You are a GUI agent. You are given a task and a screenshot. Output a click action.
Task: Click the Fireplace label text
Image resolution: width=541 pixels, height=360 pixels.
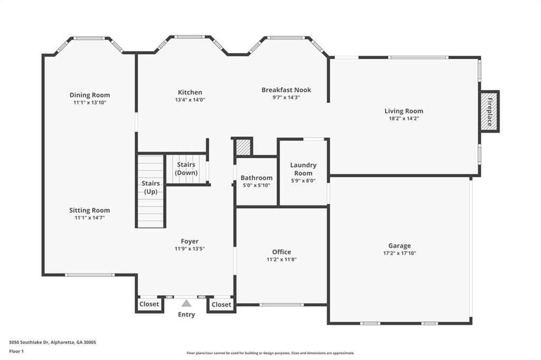[490, 112]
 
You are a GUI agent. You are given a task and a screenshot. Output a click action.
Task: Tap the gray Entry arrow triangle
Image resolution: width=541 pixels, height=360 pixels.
[186, 303]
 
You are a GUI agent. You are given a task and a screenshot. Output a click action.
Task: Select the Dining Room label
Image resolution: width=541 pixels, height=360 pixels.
[90, 95]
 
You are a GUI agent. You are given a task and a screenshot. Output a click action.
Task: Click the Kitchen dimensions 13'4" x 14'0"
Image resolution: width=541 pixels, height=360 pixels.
[190, 100]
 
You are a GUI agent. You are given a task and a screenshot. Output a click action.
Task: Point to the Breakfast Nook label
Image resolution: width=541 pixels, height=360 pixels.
[286, 90]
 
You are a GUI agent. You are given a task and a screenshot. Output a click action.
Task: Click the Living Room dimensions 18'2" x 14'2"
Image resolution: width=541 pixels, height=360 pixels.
[404, 119]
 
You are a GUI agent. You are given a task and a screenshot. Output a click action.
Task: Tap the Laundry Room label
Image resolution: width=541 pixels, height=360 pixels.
[303, 169]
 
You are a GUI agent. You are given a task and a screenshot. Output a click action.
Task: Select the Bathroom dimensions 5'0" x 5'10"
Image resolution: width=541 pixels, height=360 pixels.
[256, 185]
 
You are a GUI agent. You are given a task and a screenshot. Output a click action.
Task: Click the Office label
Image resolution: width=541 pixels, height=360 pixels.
[282, 252]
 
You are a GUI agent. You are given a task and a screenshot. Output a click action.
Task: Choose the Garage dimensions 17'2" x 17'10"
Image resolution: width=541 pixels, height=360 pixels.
[399, 253]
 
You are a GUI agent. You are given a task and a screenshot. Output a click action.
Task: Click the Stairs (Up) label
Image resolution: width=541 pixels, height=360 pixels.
[151, 187]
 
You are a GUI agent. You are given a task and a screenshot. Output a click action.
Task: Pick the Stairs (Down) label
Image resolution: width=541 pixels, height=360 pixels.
[186, 168]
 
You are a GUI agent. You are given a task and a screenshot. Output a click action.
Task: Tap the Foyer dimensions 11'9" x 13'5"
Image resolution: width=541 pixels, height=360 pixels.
[190, 249]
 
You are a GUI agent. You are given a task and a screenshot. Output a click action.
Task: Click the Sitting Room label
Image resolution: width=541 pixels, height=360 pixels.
[90, 210]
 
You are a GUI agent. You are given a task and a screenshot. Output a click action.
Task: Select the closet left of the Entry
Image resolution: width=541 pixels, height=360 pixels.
[149, 305]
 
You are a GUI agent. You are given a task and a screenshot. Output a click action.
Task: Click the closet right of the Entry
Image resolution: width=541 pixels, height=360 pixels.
[221, 305]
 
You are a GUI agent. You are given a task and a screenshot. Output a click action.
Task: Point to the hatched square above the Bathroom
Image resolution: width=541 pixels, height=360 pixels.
[243, 147]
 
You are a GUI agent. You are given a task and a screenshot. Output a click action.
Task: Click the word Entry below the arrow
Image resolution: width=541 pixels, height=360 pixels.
[186, 315]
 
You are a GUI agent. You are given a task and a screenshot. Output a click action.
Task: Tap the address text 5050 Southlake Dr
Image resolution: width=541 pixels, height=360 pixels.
[30, 343]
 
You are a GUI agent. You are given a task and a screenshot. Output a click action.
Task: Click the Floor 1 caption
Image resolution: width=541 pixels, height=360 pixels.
[16, 352]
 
